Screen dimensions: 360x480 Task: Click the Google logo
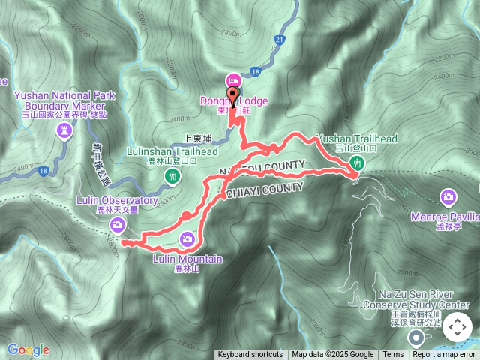[x=28, y=349]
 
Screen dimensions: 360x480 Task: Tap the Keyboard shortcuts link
[x=250, y=355]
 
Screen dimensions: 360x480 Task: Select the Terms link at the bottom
[x=393, y=355]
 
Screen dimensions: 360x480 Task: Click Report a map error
[x=444, y=355]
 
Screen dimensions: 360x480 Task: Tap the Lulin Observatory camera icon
[x=117, y=223]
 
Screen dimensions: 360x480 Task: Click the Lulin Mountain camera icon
[x=187, y=239]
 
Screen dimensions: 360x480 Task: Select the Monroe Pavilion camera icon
[x=448, y=197]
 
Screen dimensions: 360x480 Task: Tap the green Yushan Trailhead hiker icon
[x=358, y=163]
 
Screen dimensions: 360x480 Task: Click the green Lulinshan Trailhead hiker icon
[x=173, y=176]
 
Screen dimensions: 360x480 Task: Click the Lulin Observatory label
[x=117, y=201]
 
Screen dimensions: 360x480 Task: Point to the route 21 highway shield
[x=278, y=38]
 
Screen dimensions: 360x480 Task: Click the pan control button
[x=457, y=328]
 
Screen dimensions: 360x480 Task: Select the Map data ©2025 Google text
[x=333, y=355]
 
